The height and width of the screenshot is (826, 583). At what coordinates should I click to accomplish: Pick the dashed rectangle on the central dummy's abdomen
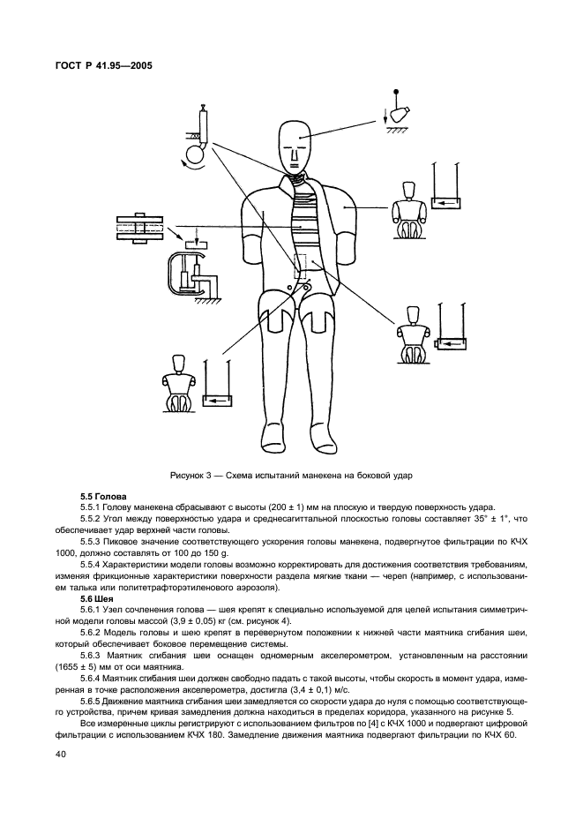[x=301, y=267]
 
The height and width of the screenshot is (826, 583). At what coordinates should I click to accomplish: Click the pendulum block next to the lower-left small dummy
[x=218, y=400]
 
